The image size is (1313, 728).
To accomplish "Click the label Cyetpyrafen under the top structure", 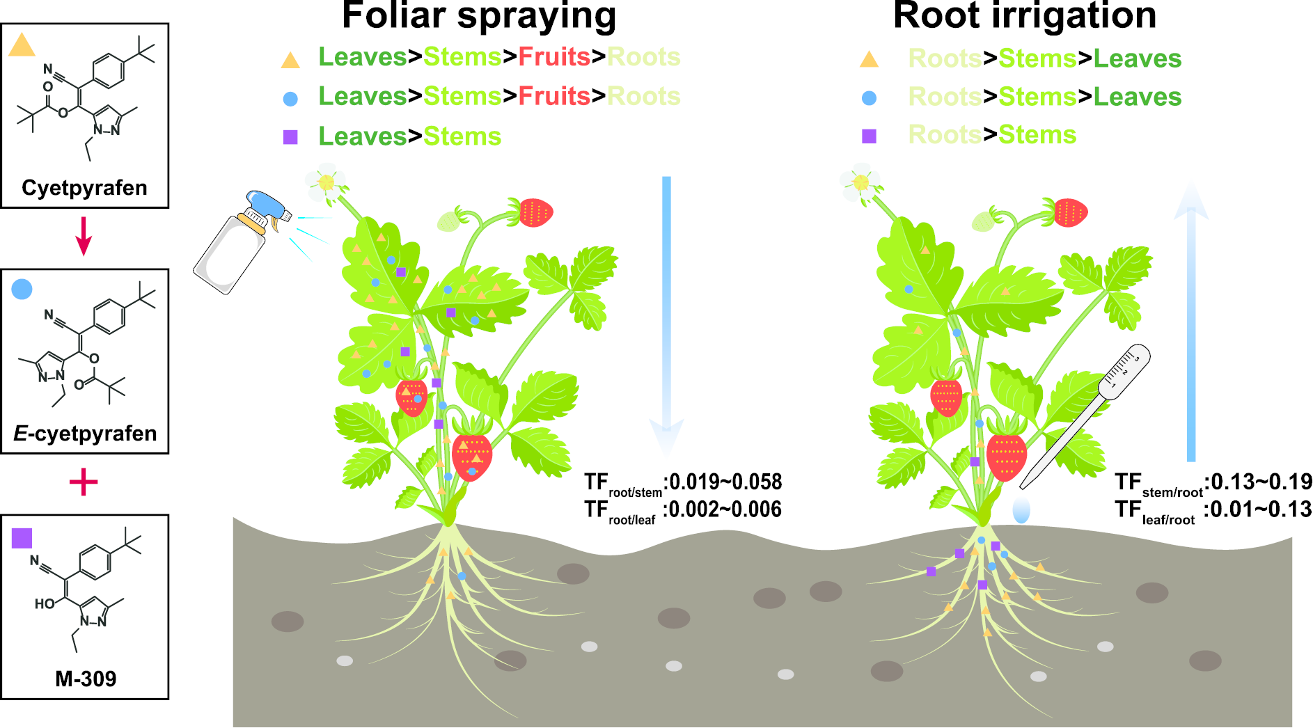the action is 84,188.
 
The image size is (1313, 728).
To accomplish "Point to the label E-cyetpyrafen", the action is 85,434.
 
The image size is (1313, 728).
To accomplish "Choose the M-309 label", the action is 86,679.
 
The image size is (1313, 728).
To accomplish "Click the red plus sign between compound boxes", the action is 84,482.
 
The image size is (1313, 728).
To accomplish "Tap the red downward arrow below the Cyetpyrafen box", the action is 84,236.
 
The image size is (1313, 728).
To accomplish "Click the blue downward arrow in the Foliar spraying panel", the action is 666,313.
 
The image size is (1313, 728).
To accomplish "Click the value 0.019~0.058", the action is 725,482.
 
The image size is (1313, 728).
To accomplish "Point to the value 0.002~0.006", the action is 725,509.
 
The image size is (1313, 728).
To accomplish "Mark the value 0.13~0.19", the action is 1261,482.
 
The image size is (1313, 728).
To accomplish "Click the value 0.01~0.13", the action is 1261,509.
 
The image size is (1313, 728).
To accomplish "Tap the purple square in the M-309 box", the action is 22,538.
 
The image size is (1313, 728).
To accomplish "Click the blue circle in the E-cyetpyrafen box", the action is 22,290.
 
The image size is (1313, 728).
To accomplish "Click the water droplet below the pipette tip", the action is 1021,509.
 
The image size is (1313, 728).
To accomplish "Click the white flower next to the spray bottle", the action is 326,183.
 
